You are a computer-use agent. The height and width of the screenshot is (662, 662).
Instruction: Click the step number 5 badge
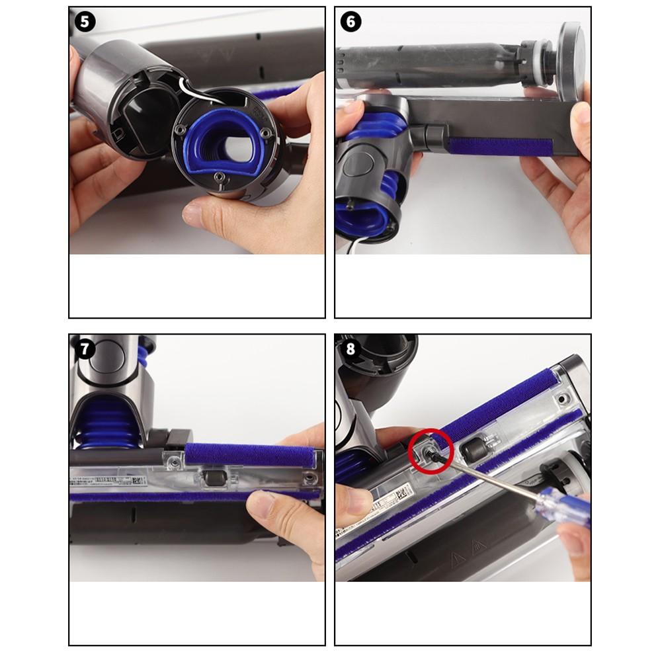pos(85,21)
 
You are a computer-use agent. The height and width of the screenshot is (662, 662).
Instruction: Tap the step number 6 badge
pos(351,21)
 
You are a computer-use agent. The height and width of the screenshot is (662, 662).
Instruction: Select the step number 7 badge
pos(85,349)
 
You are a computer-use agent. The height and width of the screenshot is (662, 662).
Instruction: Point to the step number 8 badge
pos(351,349)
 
